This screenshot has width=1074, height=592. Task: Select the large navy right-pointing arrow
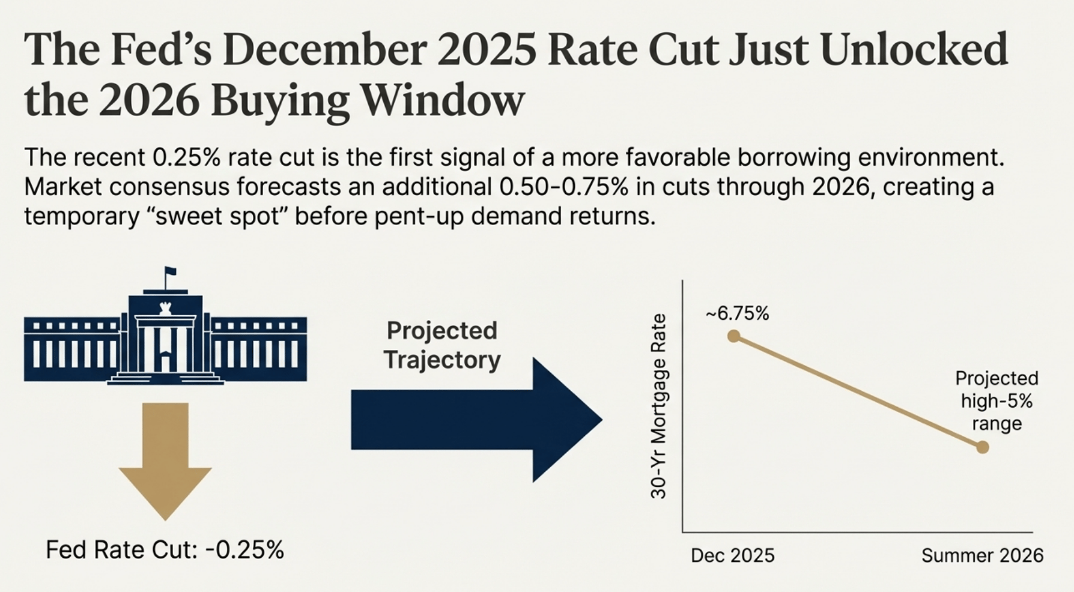tap(475, 420)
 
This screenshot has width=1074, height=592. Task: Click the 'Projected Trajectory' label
tap(442, 345)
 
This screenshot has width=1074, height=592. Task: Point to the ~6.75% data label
tap(737, 313)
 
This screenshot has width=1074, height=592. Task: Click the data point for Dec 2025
tap(733, 336)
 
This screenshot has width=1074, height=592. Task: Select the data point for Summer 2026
tap(982, 447)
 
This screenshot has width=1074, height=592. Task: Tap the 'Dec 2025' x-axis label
tap(732, 555)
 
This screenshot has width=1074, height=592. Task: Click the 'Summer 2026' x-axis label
tap(982, 555)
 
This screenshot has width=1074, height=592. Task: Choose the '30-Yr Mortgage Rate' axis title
tap(659, 406)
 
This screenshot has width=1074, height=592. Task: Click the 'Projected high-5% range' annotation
tap(997, 400)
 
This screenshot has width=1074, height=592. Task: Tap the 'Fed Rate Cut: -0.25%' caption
tap(165, 550)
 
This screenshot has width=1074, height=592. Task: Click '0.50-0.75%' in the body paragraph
tap(563, 187)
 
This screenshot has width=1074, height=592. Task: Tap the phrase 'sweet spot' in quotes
tap(218, 216)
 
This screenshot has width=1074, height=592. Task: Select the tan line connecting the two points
tap(858, 391)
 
